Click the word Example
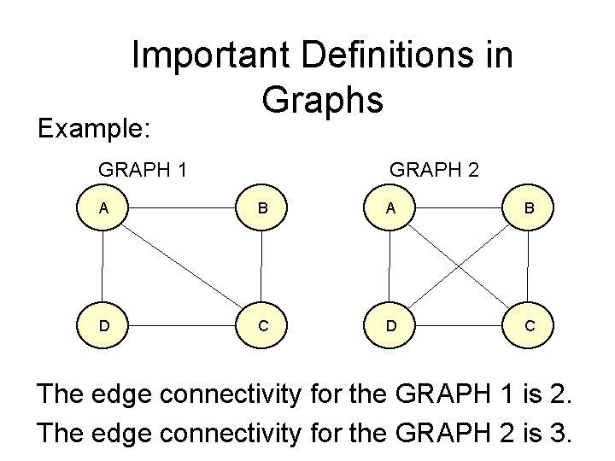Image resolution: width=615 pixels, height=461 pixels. point(92,128)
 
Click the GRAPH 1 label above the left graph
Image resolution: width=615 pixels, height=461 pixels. point(143,169)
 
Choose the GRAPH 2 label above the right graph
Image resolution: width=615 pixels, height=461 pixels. point(434,169)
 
